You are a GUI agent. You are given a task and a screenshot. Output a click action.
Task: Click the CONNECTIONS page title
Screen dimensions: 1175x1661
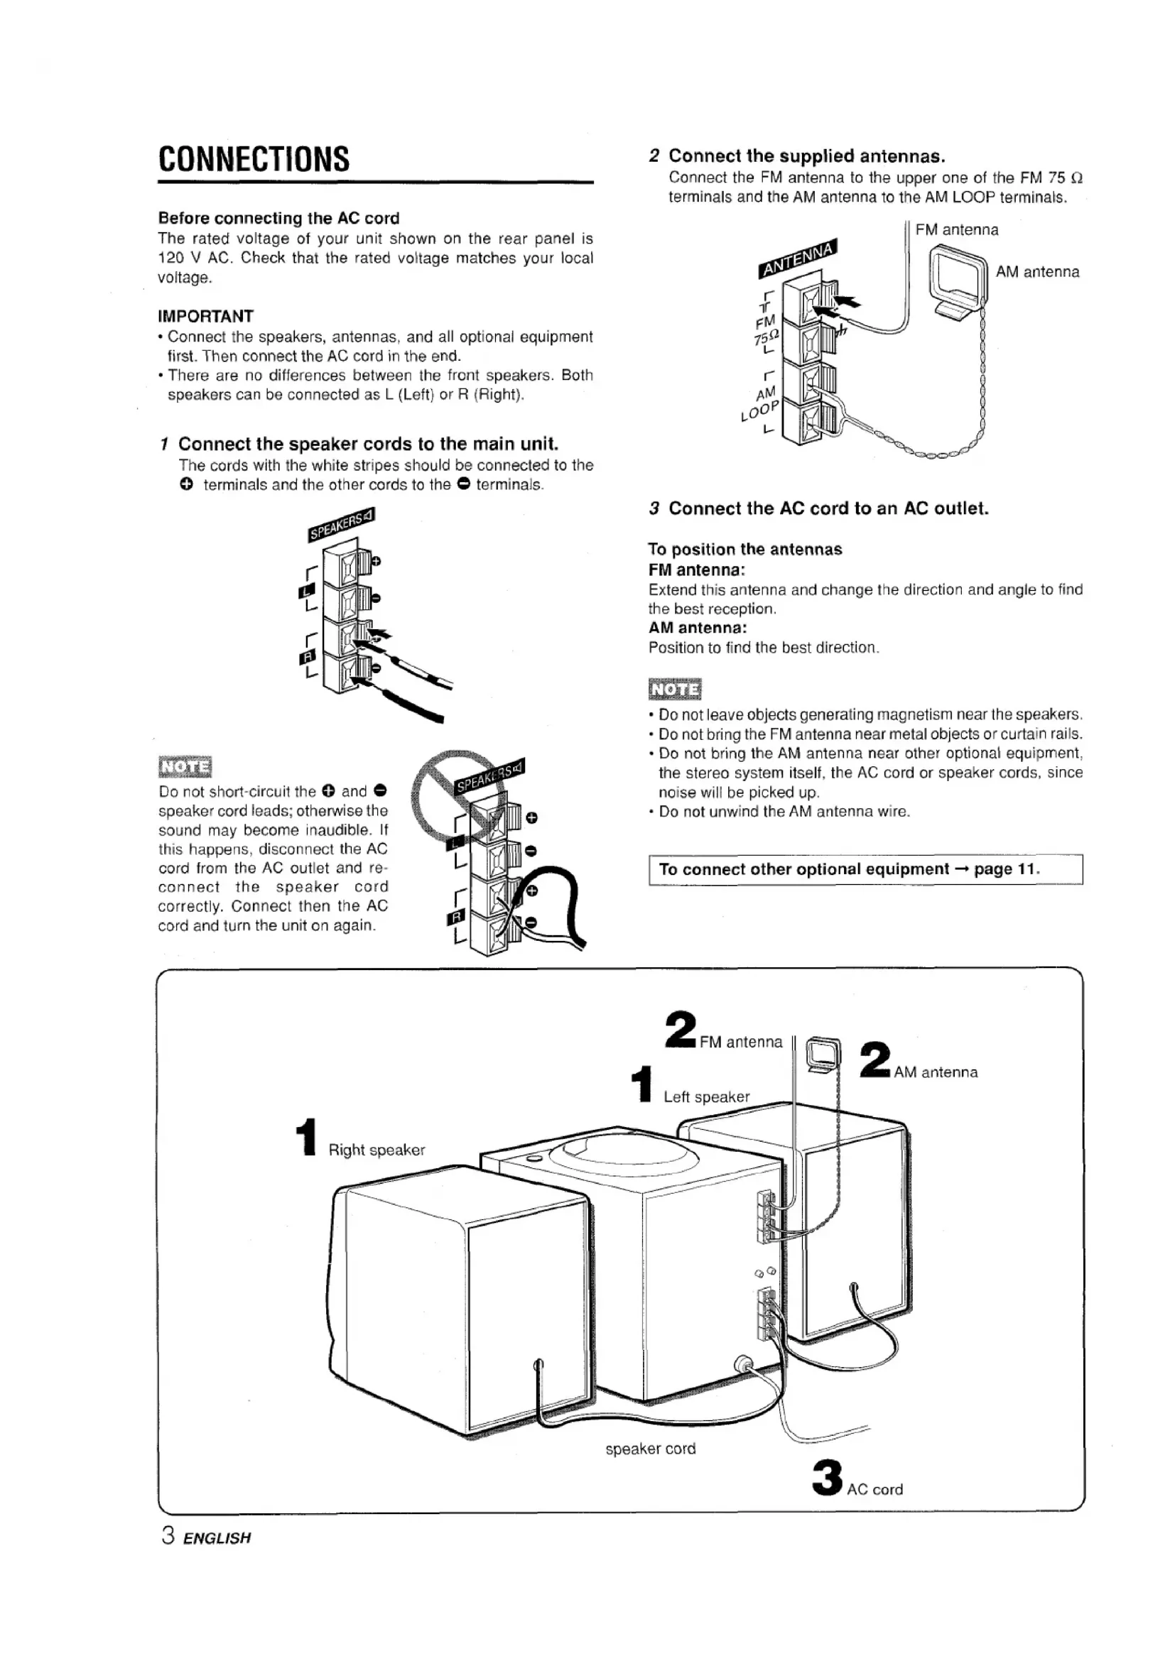point(254,159)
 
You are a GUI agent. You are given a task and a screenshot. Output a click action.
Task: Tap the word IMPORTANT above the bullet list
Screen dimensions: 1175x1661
point(206,316)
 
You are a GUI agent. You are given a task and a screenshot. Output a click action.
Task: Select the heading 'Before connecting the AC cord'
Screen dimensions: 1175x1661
point(278,218)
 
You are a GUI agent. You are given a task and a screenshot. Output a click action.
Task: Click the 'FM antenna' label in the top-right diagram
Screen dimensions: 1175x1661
point(956,230)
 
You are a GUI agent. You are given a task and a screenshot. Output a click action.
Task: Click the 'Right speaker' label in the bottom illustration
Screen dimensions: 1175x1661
point(377,1150)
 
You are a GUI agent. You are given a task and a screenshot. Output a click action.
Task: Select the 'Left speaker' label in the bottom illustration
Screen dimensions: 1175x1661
point(706,1096)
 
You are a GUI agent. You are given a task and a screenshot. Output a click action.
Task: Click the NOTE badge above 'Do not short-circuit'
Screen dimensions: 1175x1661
point(185,766)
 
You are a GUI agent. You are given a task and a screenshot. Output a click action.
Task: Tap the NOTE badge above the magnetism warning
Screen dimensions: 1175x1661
point(675,690)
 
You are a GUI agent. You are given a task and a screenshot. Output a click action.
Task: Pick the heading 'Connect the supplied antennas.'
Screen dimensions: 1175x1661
point(807,156)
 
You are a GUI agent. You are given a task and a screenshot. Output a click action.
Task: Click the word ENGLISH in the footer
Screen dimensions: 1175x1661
point(217,1538)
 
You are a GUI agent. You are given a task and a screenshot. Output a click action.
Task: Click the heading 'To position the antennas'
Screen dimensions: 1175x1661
point(745,549)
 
